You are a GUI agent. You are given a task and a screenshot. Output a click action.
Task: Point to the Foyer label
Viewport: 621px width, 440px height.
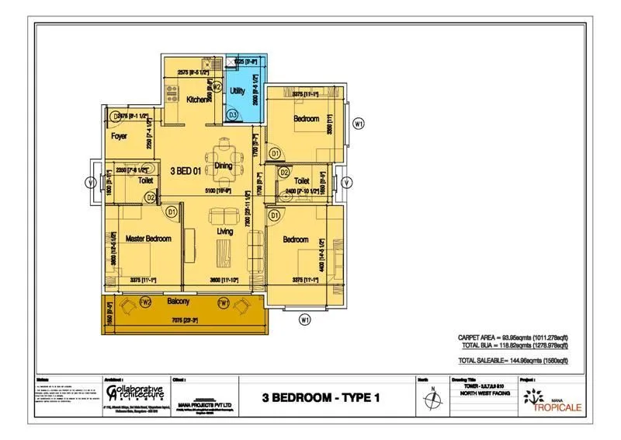pos(119,136)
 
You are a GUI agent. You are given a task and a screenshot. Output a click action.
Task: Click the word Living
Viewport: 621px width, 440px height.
pos(225,232)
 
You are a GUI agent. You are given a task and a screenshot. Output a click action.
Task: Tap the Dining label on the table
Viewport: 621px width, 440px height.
pos(224,166)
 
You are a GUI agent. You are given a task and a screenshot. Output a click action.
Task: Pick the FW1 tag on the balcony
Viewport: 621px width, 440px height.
pos(223,302)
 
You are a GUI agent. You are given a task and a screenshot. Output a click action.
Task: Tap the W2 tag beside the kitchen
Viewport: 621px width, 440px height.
pos(217,87)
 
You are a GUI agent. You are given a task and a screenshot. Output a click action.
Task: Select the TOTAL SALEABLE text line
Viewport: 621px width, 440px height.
pos(513,361)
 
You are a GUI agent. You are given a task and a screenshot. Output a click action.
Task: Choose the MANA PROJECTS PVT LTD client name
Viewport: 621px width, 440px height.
pos(206,403)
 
